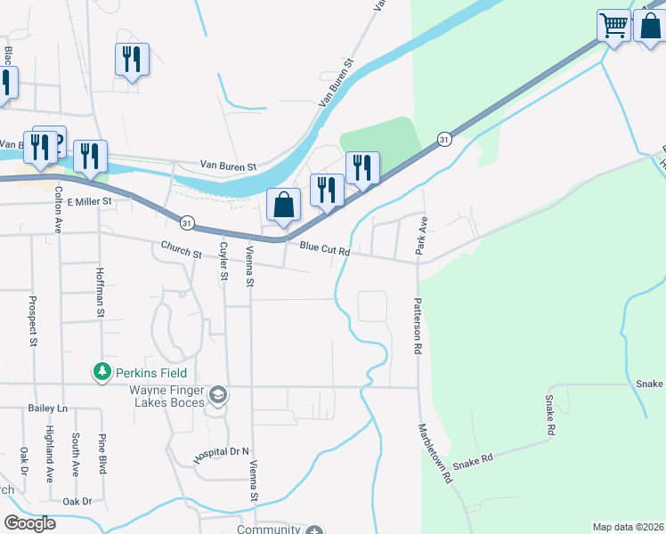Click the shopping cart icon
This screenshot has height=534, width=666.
[613, 25]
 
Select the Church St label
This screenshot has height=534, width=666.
[181, 251]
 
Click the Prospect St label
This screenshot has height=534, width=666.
[32, 321]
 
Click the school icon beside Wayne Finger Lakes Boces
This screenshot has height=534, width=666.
[218, 393]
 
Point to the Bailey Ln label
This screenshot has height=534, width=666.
[48, 408]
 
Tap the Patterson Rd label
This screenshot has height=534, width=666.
[416, 326]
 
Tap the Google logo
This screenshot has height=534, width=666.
[29, 523]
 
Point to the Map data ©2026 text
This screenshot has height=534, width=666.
[628, 527]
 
